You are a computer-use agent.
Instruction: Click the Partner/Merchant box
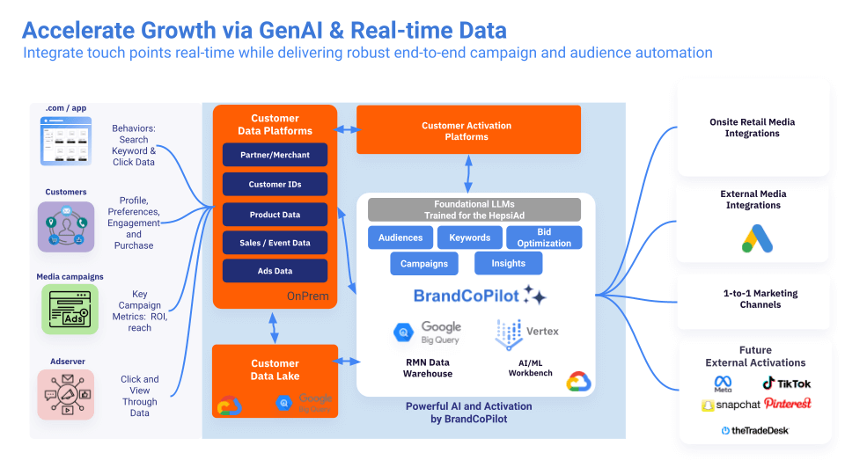275,156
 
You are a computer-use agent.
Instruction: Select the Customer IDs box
275,185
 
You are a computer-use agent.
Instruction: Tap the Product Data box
275,215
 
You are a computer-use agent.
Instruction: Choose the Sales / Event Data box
275,243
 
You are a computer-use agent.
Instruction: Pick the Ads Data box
275,271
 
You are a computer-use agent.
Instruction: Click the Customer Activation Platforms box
467,130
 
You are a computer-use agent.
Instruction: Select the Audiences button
400,237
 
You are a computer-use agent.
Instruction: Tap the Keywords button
469,237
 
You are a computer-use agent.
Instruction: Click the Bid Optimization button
544,237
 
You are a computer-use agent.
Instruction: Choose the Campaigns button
424,263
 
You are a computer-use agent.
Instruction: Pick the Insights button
508,263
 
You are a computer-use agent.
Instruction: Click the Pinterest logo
788,403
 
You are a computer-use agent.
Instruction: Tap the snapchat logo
731,405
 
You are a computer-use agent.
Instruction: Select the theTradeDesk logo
754,429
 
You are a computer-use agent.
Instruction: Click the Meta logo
723,384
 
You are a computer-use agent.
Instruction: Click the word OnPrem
308,296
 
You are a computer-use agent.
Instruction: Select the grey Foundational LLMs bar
474,209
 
